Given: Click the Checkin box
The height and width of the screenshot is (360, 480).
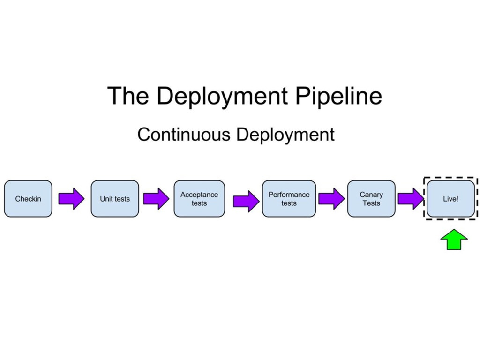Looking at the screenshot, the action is point(28,199).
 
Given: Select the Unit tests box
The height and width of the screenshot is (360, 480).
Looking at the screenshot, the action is point(115,199).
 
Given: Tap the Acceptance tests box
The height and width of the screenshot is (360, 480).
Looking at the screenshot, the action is point(199,199).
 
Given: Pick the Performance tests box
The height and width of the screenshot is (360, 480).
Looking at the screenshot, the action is point(289,199).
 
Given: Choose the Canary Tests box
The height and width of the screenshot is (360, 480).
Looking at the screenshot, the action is point(371,199).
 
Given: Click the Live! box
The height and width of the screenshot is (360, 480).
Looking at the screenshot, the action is point(450,199).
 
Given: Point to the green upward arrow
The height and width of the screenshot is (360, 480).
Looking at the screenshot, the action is point(454,240).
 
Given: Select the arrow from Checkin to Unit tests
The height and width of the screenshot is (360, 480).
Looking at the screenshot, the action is point(71,199).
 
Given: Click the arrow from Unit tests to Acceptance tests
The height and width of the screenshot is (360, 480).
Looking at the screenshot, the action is point(156,199).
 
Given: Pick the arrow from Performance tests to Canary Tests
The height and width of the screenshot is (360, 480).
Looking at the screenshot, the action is point(331,199).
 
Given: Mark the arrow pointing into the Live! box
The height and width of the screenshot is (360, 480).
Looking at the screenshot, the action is point(411,199).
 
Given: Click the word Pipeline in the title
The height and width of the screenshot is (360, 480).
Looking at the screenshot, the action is point(338,96).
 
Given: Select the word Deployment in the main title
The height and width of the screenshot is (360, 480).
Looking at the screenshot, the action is point(222,96).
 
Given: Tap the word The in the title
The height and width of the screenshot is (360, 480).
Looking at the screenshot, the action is point(128,96).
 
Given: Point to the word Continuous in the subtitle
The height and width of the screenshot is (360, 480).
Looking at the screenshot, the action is point(184,135).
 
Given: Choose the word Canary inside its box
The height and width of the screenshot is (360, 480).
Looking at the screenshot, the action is point(371,195).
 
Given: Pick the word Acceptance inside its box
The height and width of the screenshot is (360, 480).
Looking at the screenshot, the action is point(199,195).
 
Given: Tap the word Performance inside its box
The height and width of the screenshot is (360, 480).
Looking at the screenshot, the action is point(289,195).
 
